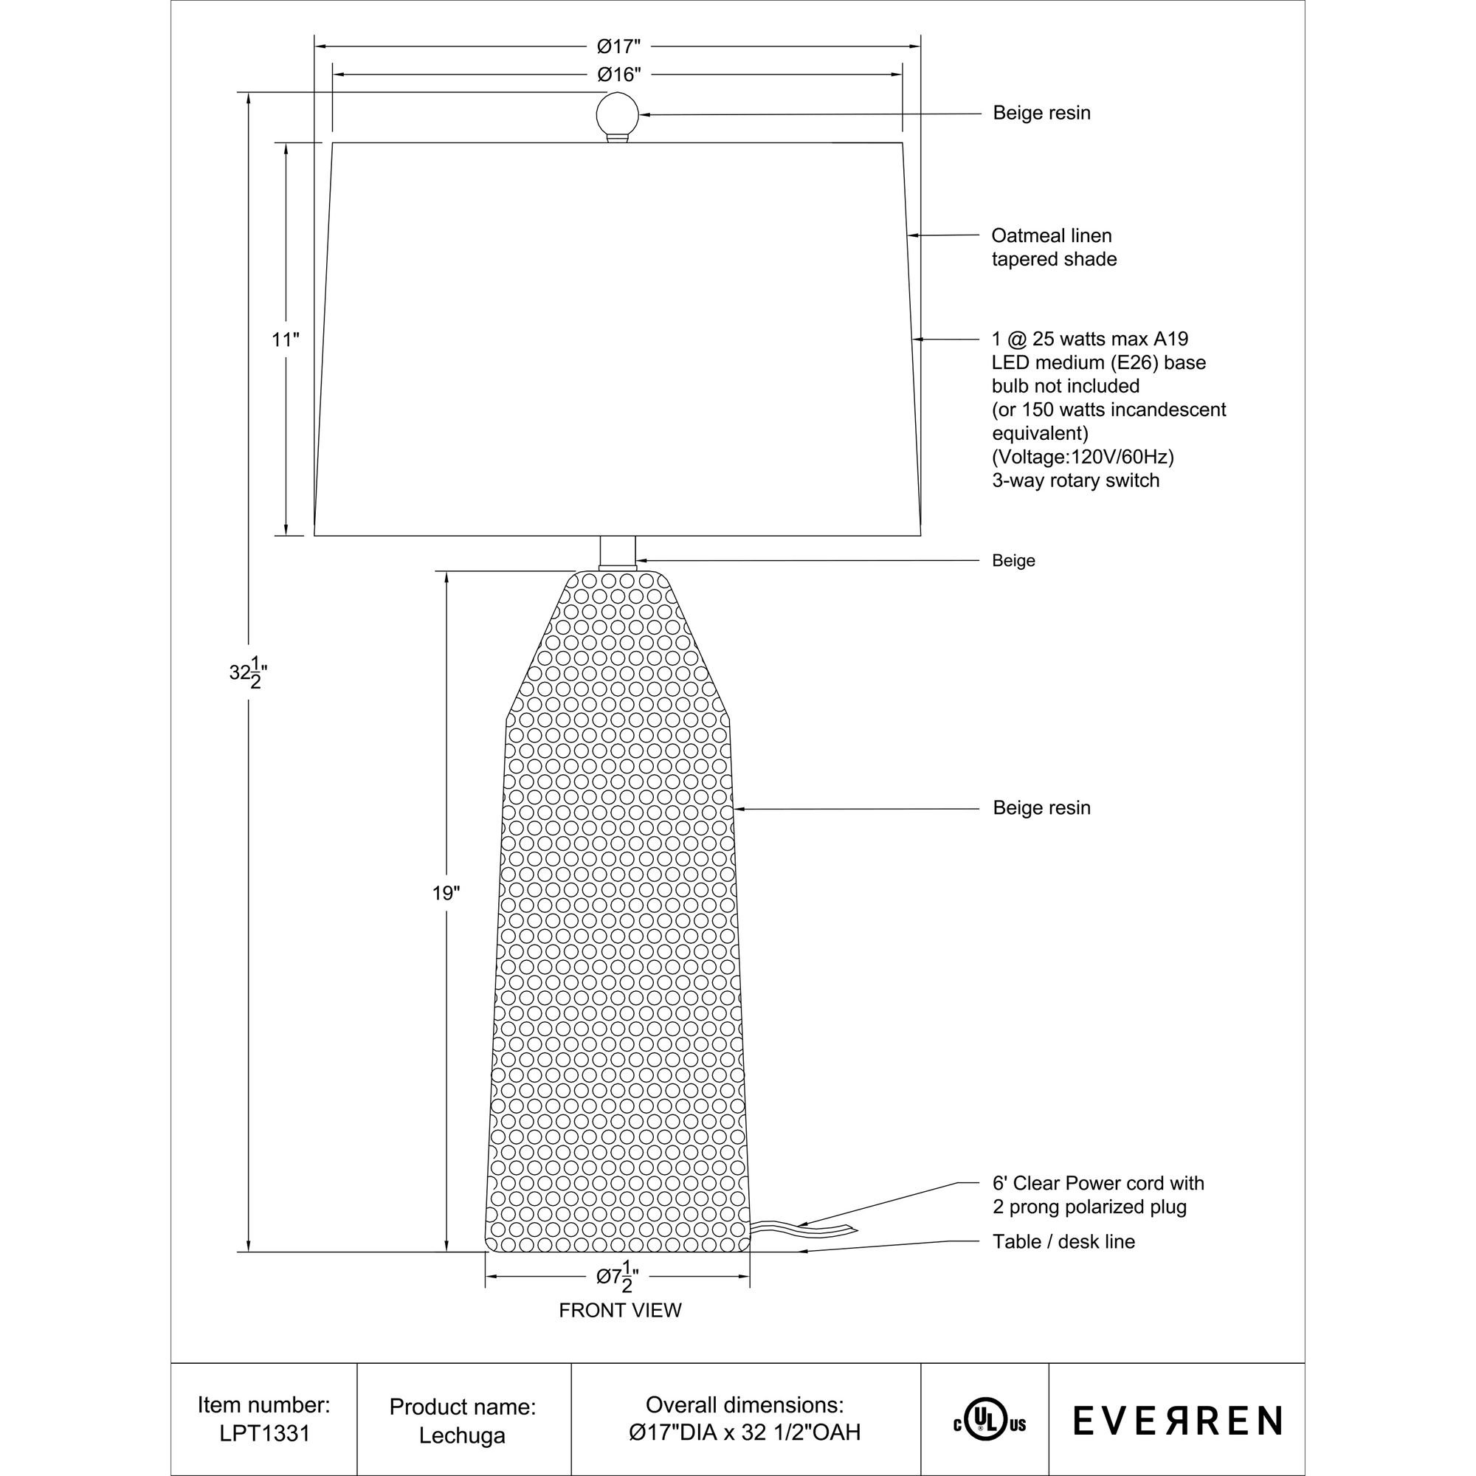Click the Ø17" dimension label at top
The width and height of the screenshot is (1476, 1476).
point(618,47)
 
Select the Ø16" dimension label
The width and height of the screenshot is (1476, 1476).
point(618,75)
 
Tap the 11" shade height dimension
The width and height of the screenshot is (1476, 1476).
point(285,340)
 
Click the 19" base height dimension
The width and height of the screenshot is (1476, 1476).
point(446,893)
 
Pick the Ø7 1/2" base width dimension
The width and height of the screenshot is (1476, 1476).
point(617,1277)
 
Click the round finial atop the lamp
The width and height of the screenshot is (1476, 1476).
point(616,114)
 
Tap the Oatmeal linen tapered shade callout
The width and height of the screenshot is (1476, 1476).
point(1054,247)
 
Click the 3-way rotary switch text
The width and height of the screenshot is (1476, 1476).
point(1075,480)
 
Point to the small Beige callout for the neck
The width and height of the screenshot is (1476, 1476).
point(1013,561)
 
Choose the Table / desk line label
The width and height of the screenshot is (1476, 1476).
point(1063,1242)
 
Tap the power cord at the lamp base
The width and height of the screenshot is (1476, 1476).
point(802,1230)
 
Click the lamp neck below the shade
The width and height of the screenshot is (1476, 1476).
point(617,551)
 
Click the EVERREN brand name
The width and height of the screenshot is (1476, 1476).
point(1177,1420)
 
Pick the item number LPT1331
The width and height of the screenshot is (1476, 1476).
point(264,1433)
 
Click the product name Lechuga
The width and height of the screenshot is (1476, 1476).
point(462,1435)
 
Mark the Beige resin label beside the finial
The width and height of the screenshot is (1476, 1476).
point(1041,113)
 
